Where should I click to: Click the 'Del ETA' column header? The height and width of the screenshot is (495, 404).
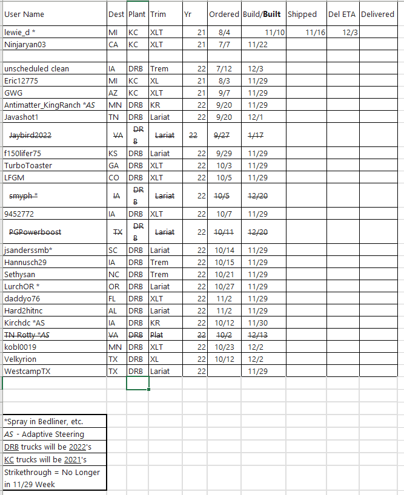click(342, 14)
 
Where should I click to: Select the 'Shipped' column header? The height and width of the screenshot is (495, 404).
click(302, 14)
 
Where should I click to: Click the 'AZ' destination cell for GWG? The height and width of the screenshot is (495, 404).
click(113, 93)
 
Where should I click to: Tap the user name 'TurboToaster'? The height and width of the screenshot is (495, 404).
click(28, 165)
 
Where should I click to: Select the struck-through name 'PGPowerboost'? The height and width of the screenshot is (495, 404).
click(35, 232)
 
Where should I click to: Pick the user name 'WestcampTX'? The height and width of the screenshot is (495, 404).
click(27, 371)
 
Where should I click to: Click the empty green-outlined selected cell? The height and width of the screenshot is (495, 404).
click(137, 383)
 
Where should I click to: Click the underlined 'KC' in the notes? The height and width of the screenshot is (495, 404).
click(8, 459)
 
